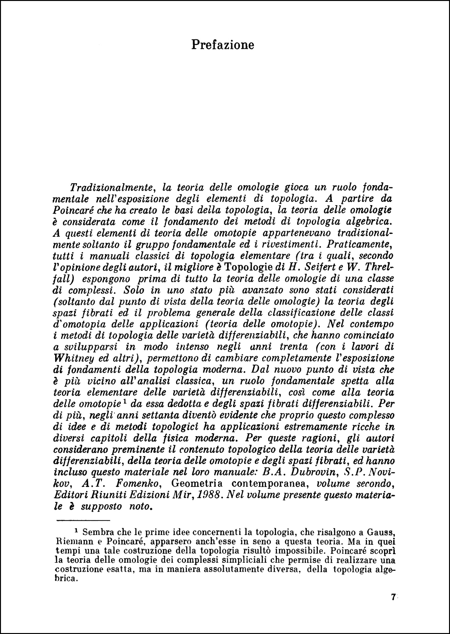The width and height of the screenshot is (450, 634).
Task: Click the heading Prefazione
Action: (x=223, y=45)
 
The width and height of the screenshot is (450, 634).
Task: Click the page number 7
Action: (x=393, y=597)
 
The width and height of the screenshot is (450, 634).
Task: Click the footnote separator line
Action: (x=83, y=521)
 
